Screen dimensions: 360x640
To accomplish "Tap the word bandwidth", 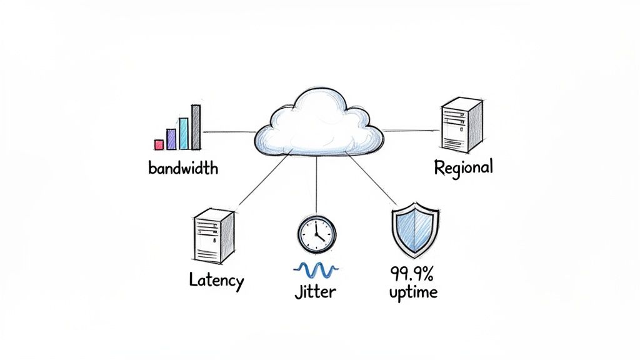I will click(x=183, y=168).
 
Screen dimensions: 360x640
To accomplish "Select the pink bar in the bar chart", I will click(x=159, y=144).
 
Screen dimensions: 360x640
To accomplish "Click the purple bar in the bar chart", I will click(x=171, y=139).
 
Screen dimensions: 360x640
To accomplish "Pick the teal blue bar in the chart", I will click(x=184, y=133).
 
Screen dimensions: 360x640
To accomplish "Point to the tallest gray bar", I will click(x=196, y=127).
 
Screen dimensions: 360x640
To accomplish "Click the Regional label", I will click(x=463, y=167).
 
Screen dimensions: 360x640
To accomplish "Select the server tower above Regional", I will click(x=462, y=126).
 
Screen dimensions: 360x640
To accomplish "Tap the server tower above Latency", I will click(x=214, y=237).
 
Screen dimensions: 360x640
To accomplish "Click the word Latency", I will click(x=216, y=281).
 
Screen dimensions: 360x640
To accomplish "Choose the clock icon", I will click(x=316, y=234).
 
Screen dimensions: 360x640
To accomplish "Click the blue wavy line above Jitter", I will click(x=316, y=269).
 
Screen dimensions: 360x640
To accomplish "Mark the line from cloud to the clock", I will click(x=316, y=184).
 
